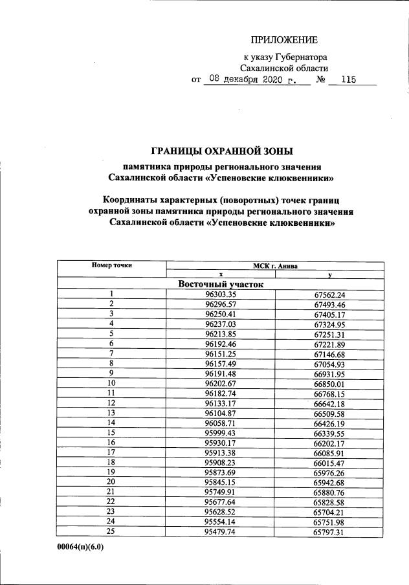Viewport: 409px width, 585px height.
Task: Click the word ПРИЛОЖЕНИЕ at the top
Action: (280, 41)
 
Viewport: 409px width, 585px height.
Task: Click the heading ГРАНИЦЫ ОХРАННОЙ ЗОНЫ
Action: (222, 151)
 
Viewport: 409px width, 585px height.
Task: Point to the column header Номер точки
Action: (111, 265)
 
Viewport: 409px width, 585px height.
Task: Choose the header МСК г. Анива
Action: (276, 265)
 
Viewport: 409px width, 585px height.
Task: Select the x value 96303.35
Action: (221, 295)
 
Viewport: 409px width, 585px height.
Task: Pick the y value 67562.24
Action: (330, 295)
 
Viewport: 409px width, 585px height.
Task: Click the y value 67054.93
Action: (330, 365)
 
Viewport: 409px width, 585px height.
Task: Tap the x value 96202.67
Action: (221, 384)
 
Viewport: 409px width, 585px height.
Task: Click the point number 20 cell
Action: (111, 482)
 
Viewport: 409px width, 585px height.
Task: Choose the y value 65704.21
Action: (330, 512)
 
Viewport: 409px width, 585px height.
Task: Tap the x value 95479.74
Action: (221, 531)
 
